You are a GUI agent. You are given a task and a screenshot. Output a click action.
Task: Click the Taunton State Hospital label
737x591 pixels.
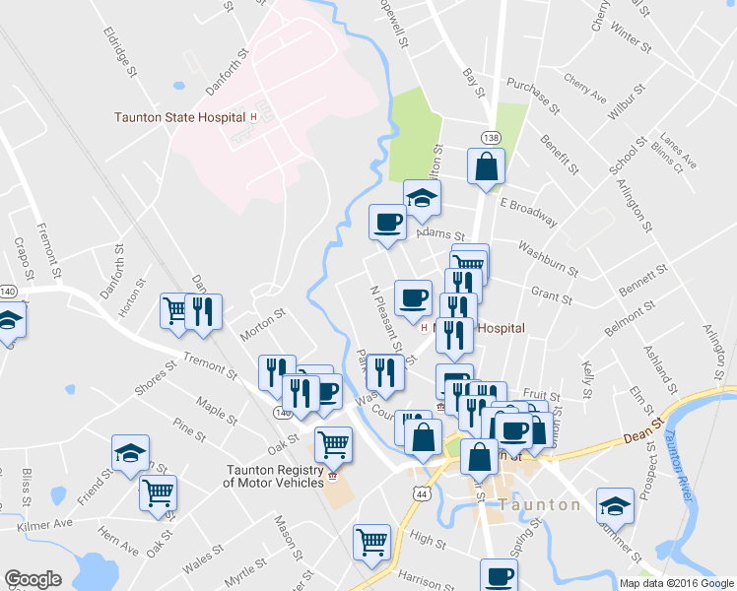pyautogui.click(x=178, y=117)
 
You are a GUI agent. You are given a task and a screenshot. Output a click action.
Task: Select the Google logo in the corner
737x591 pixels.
pyautogui.click(x=33, y=579)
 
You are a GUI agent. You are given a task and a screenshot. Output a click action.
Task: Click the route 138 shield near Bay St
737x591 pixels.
pyautogui.click(x=490, y=135)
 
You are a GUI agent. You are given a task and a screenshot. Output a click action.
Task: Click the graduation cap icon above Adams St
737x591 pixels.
pyautogui.click(x=423, y=197)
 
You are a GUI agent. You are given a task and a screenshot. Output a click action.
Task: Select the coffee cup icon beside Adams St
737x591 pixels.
pyautogui.click(x=387, y=222)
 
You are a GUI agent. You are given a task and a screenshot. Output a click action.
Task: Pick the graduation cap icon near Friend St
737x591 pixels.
pyautogui.click(x=129, y=452)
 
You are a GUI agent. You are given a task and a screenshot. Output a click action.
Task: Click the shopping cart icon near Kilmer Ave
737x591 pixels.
pyautogui.click(x=158, y=492)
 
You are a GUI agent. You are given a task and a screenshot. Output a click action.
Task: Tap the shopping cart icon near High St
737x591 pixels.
pyautogui.click(x=372, y=541)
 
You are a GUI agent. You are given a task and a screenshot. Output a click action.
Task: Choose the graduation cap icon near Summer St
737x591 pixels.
pyautogui.click(x=615, y=506)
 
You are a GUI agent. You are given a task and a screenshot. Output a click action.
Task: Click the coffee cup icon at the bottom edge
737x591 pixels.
pyautogui.click(x=499, y=575)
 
